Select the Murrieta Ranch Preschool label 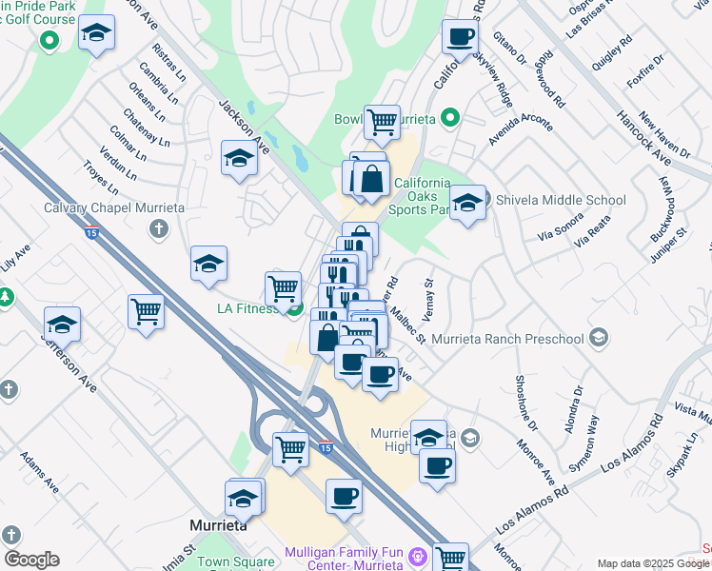506,339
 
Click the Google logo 31,560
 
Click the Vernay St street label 428,296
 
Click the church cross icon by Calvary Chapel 159,229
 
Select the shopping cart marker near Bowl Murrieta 382,122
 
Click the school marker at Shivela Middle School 467,204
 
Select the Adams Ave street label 39,472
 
